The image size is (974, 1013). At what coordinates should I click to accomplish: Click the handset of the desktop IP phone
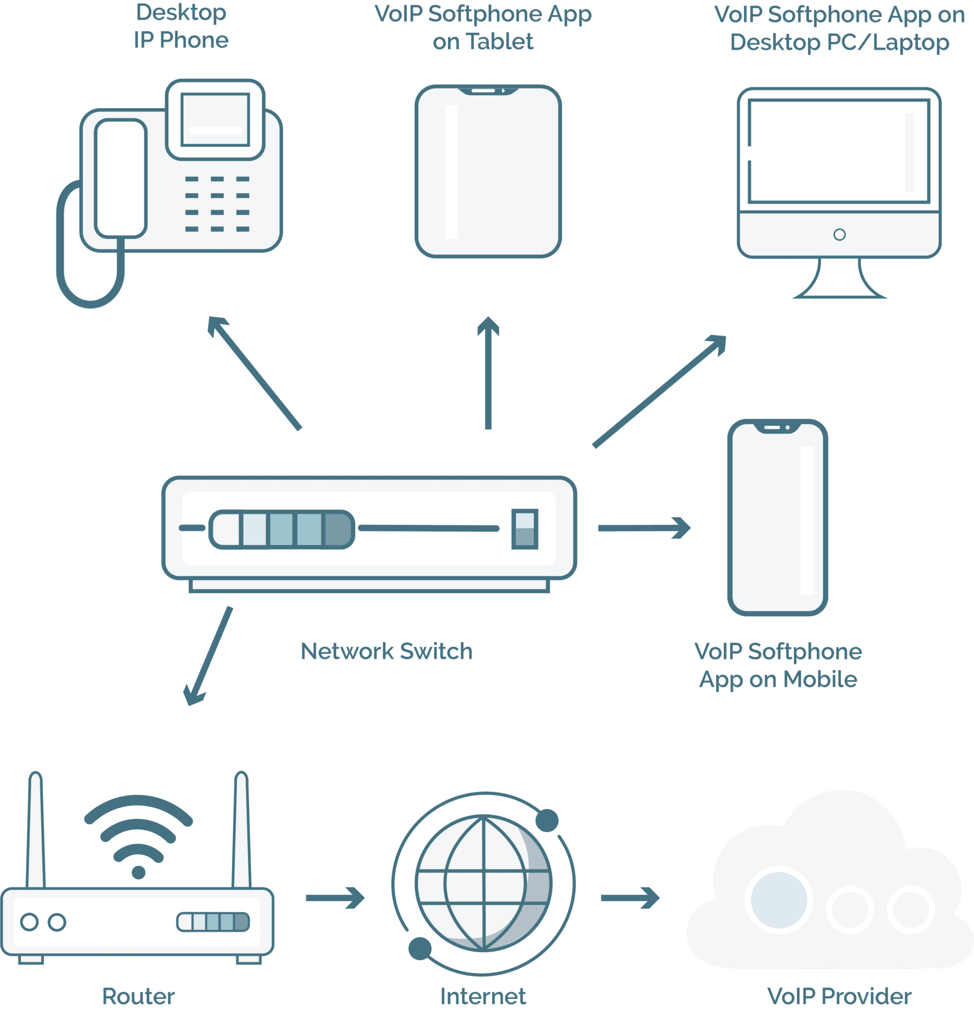(120, 178)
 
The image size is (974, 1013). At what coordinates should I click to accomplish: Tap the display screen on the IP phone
(215, 120)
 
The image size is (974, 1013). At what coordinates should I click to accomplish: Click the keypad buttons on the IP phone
(217, 204)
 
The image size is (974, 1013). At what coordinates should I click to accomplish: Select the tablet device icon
(488, 171)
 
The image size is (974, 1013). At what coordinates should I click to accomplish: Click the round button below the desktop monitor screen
(839, 234)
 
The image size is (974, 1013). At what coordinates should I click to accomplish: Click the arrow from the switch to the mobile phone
(644, 528)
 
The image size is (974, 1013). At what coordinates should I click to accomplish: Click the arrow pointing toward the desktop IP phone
(253, 372)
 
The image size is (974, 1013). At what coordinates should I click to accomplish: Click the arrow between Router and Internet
(335, 898)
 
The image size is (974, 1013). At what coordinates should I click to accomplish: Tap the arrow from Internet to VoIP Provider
(630, 898)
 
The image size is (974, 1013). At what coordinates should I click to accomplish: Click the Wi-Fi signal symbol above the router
(138, 834)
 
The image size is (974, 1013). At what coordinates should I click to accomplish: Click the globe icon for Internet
(483, 883)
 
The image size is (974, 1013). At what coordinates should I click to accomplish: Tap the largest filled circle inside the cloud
(779, 900)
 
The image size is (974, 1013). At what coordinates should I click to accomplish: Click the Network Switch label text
(386, 652)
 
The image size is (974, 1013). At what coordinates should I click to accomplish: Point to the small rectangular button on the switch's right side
(524, 529)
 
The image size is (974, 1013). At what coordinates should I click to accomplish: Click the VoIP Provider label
(839, 996)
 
